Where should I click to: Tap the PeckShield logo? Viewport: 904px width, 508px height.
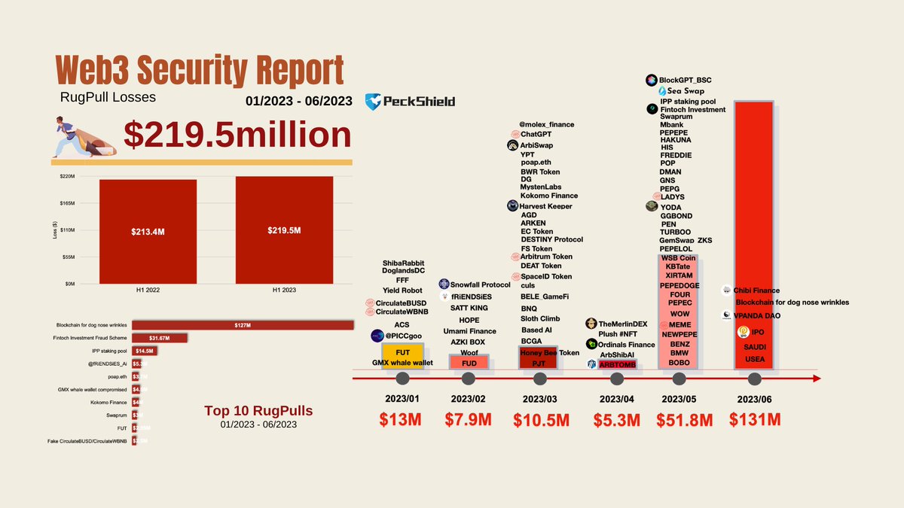tap(410, 102)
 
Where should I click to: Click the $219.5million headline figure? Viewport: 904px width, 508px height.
tap(237, 135)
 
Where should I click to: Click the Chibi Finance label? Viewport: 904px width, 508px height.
tap(756, 291)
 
